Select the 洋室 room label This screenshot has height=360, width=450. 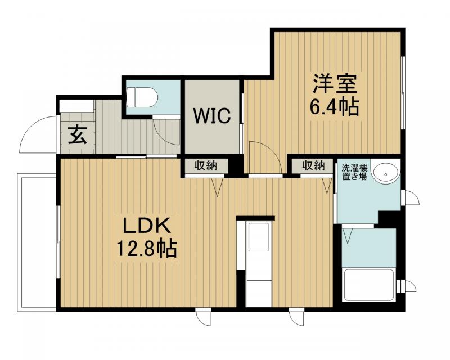(335, 84)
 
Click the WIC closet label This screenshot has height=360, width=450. (212, 116)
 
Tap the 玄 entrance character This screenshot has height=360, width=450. (76, 136)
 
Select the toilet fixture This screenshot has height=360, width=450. (143, 97)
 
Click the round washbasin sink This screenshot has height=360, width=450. (386, 173)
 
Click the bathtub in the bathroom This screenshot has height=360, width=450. (369, 285)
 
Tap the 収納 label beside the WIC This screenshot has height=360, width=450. (206, 165)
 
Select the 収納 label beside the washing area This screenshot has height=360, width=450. (313, 165)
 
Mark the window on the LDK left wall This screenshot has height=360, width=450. (58, 242)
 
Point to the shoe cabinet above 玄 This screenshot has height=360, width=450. (76, 106)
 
